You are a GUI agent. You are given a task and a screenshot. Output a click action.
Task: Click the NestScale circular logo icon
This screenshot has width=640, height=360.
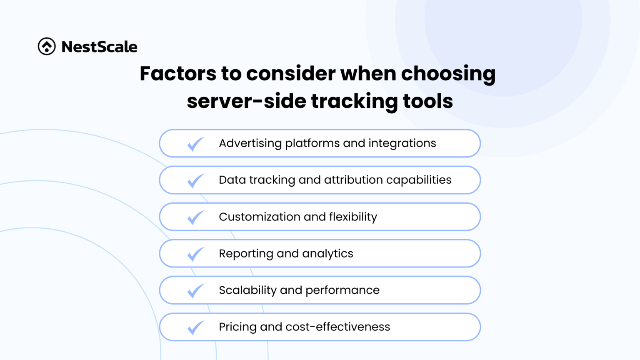(x=47, y=46)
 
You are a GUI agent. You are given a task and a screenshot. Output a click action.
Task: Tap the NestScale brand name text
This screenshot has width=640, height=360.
(x=99, y=47)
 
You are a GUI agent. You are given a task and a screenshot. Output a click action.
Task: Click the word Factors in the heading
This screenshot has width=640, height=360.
(x=178, y=73)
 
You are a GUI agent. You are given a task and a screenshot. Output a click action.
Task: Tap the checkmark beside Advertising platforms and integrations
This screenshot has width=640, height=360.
(x=195, y=144)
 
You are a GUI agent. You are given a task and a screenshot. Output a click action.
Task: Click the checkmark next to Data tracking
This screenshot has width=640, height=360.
(x=195, y=181)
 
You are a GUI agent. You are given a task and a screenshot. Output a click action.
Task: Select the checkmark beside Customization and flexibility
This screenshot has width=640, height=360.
(x=195, y=217)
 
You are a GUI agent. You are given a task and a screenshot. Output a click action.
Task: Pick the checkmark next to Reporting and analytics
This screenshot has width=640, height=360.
(x=195, y=254)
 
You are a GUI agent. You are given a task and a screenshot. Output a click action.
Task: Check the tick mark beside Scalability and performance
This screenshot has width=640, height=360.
(x=195, y=291)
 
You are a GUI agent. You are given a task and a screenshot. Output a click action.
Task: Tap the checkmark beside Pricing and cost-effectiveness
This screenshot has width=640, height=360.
(x=195, y=327)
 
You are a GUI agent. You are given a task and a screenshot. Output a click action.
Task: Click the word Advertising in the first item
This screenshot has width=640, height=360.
(x=250, y=143)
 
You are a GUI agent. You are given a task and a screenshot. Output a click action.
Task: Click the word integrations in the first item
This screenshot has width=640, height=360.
(x=402, y=143)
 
